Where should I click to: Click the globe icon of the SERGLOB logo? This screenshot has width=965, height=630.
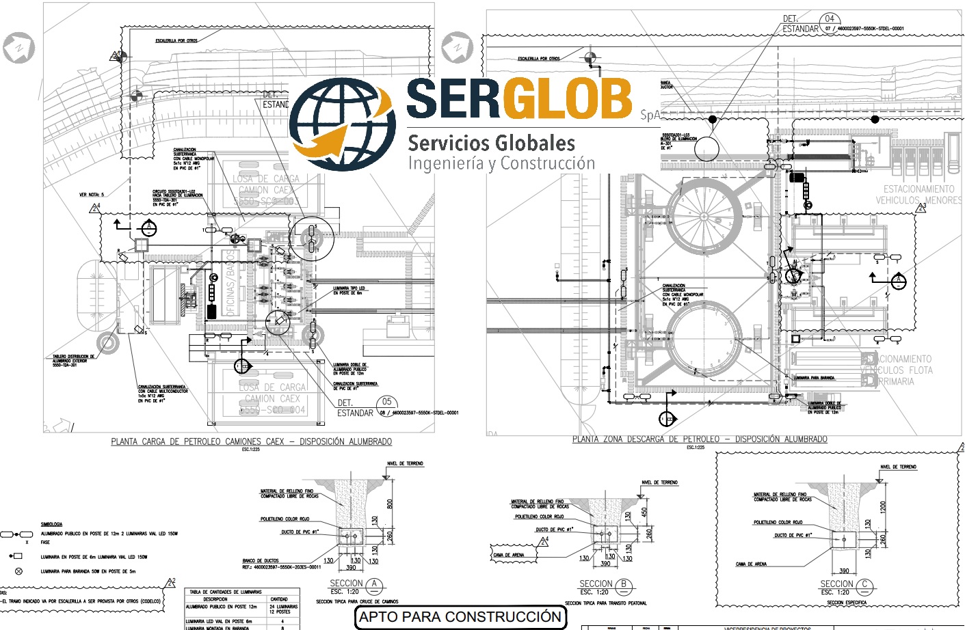click(342, 124)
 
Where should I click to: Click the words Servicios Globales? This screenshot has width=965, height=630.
click(491, 143)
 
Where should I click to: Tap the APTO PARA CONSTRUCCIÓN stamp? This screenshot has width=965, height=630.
click(460, 617)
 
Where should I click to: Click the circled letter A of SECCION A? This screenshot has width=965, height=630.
click(374, 585)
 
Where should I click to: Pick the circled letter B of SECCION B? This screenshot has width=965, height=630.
click(624, 585)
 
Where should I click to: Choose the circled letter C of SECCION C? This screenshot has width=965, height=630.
click(864, 585)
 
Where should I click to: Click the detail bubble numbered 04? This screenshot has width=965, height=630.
click(830, 19)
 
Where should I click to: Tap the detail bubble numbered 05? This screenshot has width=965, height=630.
click(387, 402)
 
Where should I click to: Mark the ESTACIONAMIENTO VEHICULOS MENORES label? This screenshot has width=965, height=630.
click(918, 195)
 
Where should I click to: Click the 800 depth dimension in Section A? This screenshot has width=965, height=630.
click(390, 504)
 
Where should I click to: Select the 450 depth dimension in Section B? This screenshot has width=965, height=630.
click(644, 511)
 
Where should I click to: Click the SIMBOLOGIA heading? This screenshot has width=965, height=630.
click(51, 525)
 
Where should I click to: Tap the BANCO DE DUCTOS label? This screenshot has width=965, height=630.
click(261, 561)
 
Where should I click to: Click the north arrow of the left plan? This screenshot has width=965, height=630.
click(18, 49)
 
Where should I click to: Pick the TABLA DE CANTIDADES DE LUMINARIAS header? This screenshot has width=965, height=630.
click(226, 592)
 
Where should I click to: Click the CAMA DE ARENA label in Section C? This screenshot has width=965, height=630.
click(751, 564)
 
